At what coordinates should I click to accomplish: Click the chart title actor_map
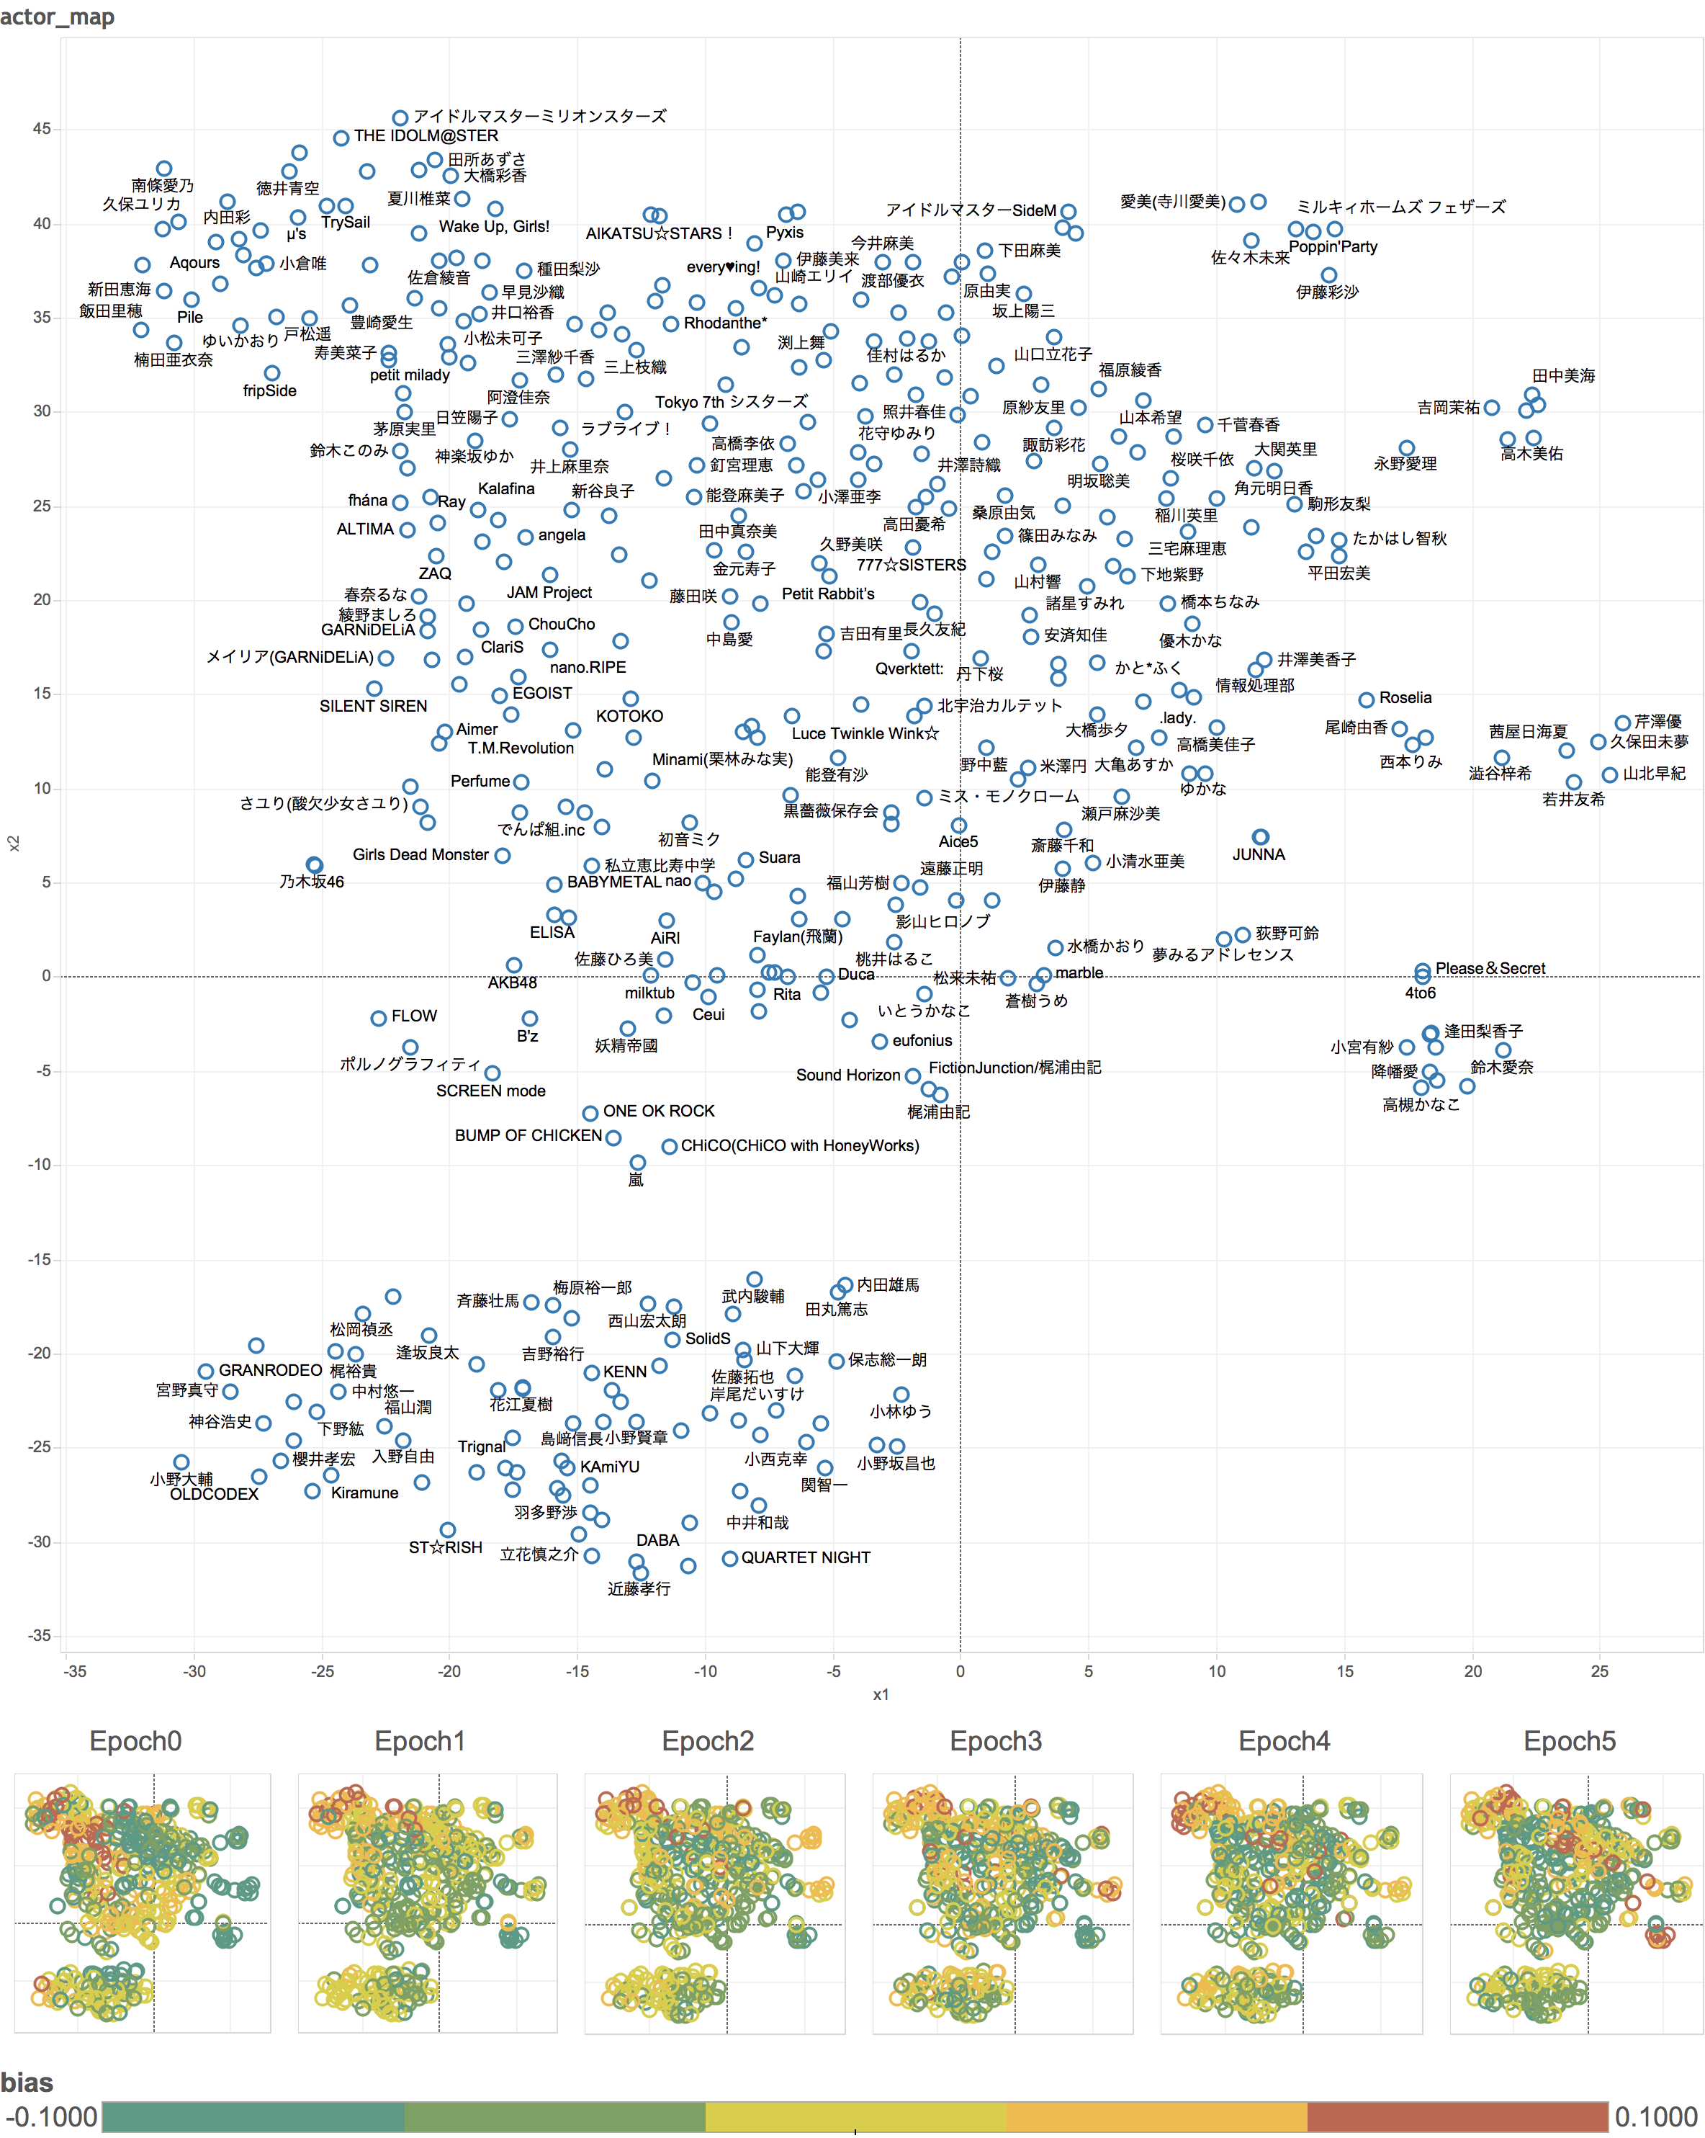point(58,16)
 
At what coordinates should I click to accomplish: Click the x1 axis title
point(881,1695)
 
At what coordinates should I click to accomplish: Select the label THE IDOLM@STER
point(426,136)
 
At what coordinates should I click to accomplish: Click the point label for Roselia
point(1405,698)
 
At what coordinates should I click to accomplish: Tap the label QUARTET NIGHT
point(805,1558)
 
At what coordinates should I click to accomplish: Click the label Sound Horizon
point(847,1075)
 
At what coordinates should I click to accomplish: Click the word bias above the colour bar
point(27,2082)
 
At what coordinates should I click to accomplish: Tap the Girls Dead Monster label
point(420,855)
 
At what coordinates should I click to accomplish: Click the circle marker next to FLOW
point(378,1019)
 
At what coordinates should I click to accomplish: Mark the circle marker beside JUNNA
point(1260,838)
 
